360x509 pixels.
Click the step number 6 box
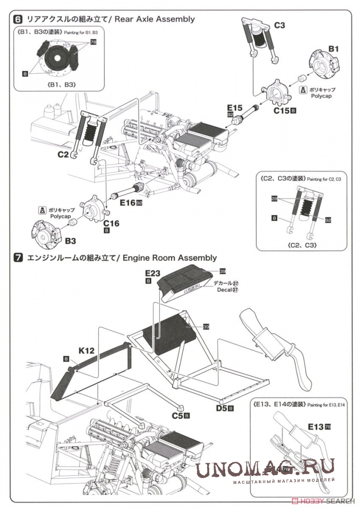[18, 19]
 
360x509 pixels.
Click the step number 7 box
[18, 258]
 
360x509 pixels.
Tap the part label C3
[280, 24]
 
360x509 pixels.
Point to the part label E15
[234, 107]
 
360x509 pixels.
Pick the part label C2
[62, 155]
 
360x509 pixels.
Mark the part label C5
[177, 415]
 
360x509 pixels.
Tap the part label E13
[316, 427]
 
